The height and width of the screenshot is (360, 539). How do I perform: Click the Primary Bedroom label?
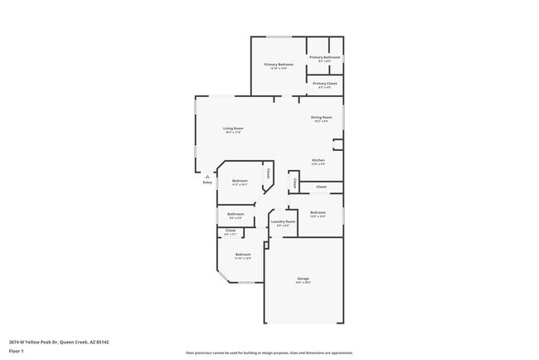[x=279, y=64]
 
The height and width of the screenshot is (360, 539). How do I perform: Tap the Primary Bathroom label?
[x=321, y=57]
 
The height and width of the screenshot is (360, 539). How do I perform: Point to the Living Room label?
[x=233, y=129]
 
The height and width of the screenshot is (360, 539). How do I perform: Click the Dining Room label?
[x=322, y=118]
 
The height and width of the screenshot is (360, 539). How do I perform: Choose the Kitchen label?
[x=318, y=160]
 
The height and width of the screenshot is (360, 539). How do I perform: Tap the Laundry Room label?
[x=283, y=221]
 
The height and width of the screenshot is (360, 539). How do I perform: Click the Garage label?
[x=303, y=278]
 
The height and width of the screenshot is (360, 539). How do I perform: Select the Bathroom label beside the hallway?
[x=235, y=214]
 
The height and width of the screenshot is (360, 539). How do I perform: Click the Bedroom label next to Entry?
[x=240, y=181]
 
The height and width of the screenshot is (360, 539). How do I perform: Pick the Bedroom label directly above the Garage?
[x=318, y=212]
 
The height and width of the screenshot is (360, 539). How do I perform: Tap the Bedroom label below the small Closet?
[x=243, y=254]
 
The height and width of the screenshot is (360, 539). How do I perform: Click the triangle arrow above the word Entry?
[x=207, y=176]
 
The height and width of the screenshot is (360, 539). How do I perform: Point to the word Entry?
[x=207, y=182]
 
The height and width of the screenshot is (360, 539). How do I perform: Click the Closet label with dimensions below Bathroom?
[x=231, y=230]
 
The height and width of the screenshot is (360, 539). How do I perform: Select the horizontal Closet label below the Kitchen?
[x=321, y=187]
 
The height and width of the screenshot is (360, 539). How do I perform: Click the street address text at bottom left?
[x=59, y=342]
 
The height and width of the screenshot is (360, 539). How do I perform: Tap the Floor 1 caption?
[x=17, y=351]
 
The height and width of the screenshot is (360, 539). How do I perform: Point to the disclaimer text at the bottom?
[x=269, y=353]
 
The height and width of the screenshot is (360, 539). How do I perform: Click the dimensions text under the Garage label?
[x=303, y=283]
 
